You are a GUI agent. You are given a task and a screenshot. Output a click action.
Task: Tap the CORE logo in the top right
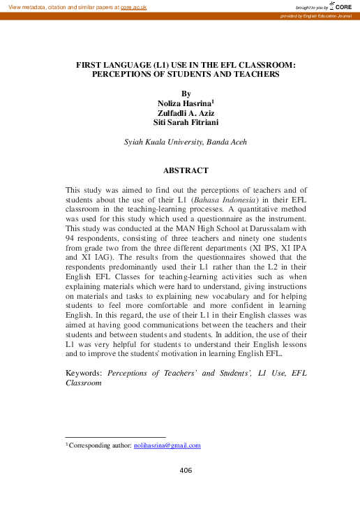[341, 6]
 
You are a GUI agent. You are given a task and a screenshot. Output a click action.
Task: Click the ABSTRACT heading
[186, 170]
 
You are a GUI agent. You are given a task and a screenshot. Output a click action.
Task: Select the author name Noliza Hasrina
[184, 103]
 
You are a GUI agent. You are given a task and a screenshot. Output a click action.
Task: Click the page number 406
[186, 471]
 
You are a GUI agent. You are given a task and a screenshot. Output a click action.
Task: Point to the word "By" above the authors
[186, 94]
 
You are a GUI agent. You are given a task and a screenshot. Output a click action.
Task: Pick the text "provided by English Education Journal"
[315, 15]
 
